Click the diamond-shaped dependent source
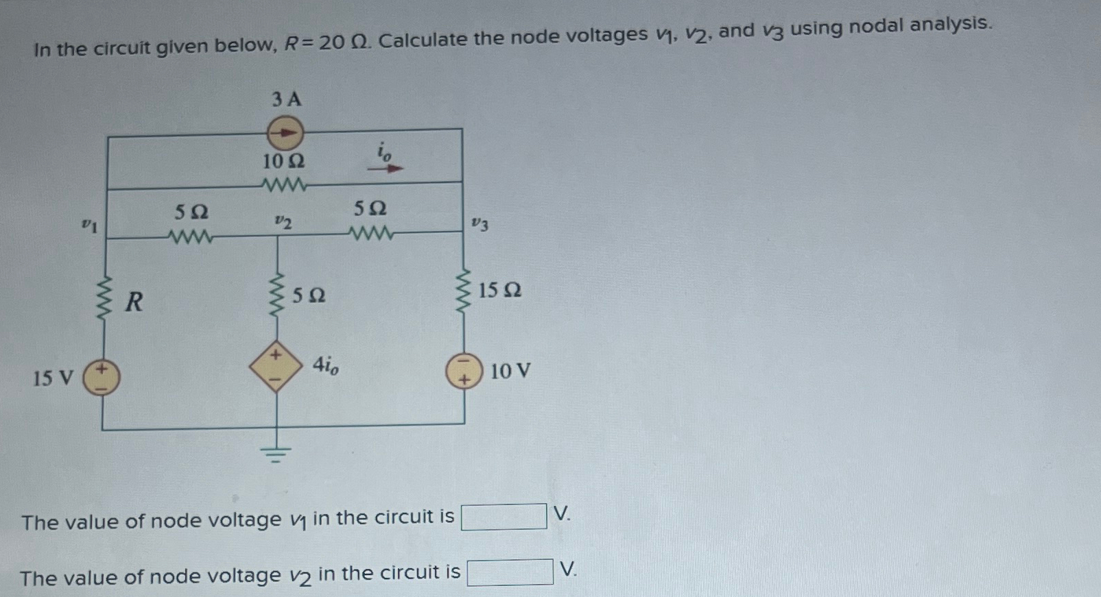point(276,366)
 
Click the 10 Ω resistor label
point(284,162)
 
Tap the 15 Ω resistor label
point(499,291)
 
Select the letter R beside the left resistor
point(134,301)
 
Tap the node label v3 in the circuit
point(480,223)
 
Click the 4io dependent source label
point(325,365)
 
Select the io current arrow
point(386,167)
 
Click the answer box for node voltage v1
point(504,517)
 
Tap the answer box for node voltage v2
point(510,572)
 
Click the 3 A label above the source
point(286,99)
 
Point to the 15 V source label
point(53,378)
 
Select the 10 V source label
point(510,371)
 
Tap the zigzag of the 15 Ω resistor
point(464,290)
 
